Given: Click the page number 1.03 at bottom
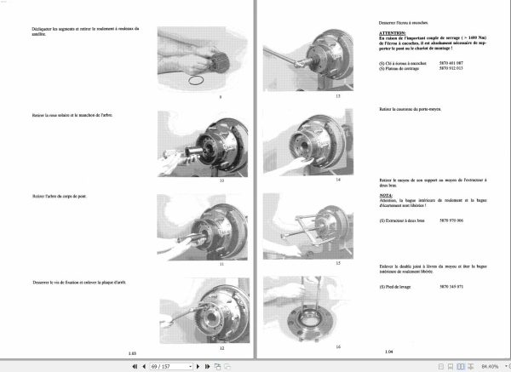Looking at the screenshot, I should pos(131,351).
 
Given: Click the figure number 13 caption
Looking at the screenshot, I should pos(313,97).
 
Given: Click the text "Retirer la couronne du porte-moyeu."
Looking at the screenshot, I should pos(415,110).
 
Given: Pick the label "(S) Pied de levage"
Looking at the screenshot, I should pos(397,285).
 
